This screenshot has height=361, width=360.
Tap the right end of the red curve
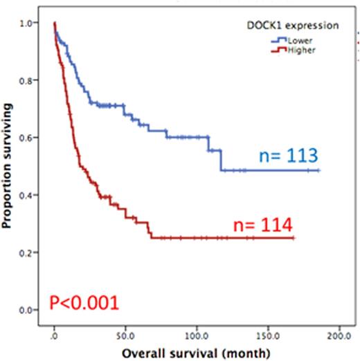[x=294, y=238]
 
